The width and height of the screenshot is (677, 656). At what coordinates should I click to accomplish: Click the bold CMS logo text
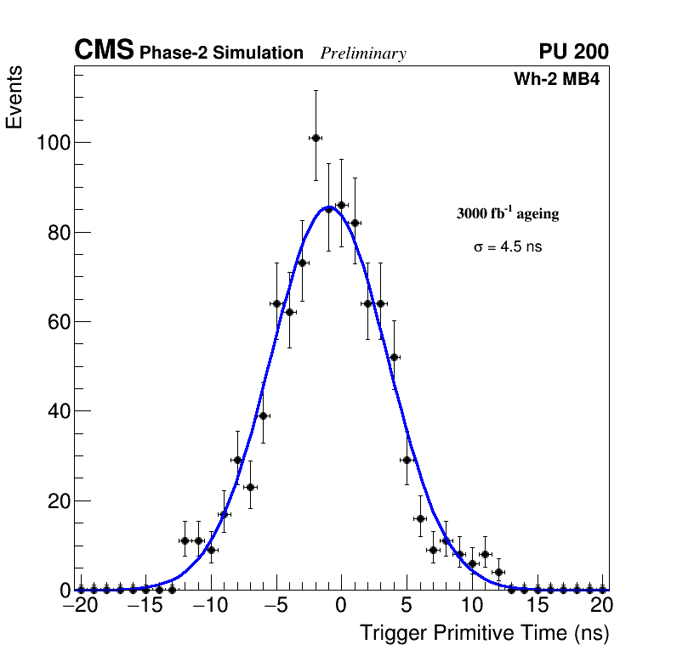[x=104, y=51]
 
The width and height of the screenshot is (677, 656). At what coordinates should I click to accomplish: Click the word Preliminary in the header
[x=363, y=54]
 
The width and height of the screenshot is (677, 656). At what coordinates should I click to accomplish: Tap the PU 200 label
[x=573, y=52]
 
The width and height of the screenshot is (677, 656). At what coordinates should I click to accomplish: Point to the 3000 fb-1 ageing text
[x=508, y=213]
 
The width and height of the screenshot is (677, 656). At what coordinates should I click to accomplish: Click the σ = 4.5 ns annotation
[x=508, y=247]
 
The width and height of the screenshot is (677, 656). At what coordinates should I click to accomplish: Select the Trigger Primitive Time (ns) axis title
[x=484, y=633]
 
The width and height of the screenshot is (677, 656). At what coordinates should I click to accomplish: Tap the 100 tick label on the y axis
[x=53, y=142]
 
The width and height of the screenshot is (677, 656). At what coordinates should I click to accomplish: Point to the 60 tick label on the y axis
[x=58, y=321]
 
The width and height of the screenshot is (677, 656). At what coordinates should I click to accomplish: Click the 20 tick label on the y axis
[x=58, y=500]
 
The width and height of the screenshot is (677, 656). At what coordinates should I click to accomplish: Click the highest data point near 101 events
[x=316, y=138]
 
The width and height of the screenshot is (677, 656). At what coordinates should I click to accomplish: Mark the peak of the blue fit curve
[x=328, y=206]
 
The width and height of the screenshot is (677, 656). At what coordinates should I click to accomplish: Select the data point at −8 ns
[x=237, y=460]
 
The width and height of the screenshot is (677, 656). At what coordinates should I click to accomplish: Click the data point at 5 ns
[x=407, y=460]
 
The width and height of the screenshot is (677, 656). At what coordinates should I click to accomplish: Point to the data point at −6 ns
[x=264, y=416]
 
